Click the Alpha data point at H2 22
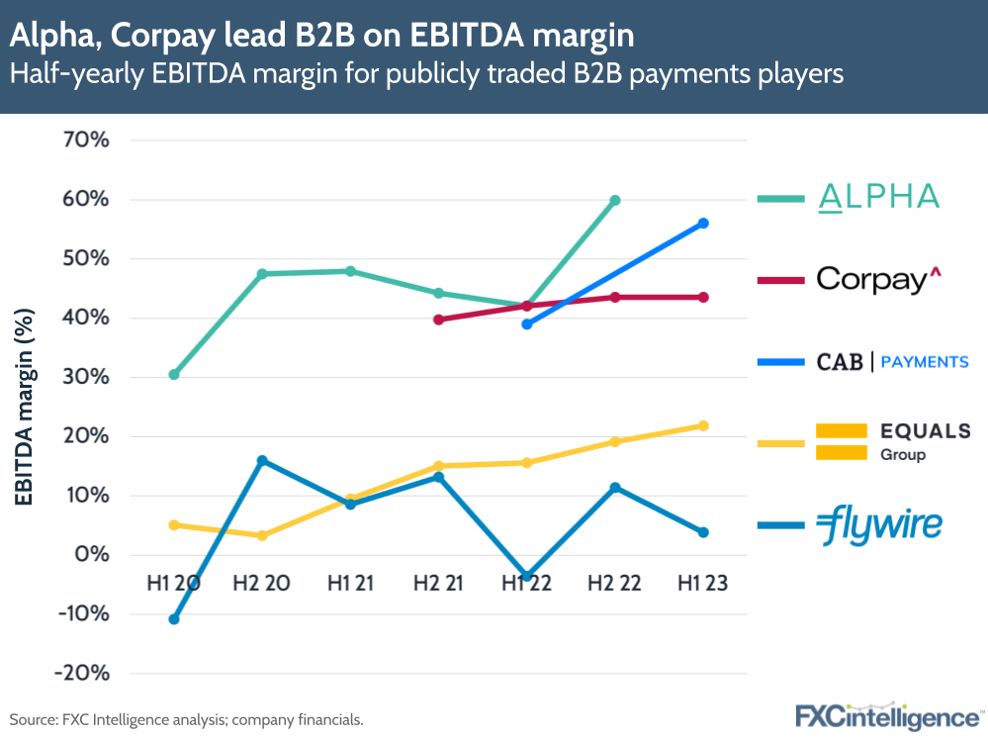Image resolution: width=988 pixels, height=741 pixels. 615,200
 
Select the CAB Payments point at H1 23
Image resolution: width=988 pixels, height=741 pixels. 703,224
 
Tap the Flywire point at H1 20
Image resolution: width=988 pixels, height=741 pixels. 174,619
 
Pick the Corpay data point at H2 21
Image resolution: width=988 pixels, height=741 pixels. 438,320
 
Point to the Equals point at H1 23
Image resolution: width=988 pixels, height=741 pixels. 703,425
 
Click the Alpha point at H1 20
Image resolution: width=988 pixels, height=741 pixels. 174,374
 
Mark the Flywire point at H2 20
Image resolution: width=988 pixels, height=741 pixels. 262,461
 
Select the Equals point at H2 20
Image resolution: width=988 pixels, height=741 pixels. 262,535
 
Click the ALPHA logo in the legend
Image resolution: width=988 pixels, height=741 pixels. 878,197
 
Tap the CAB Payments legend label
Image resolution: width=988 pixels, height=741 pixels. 892,362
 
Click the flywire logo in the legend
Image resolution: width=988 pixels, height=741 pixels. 879,525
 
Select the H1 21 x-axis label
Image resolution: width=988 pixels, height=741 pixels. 350,584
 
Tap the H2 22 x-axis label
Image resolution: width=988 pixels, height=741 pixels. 615,584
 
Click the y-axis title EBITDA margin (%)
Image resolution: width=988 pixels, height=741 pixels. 23,407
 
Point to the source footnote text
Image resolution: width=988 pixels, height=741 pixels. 187,719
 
